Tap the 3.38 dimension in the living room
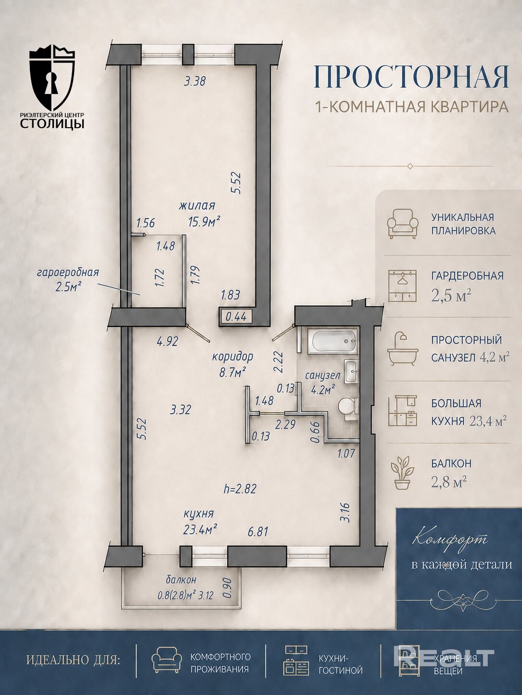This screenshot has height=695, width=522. coord(195,82)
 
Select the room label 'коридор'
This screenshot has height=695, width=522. coord(233,357)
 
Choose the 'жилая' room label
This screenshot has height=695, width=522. coord(197,206)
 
